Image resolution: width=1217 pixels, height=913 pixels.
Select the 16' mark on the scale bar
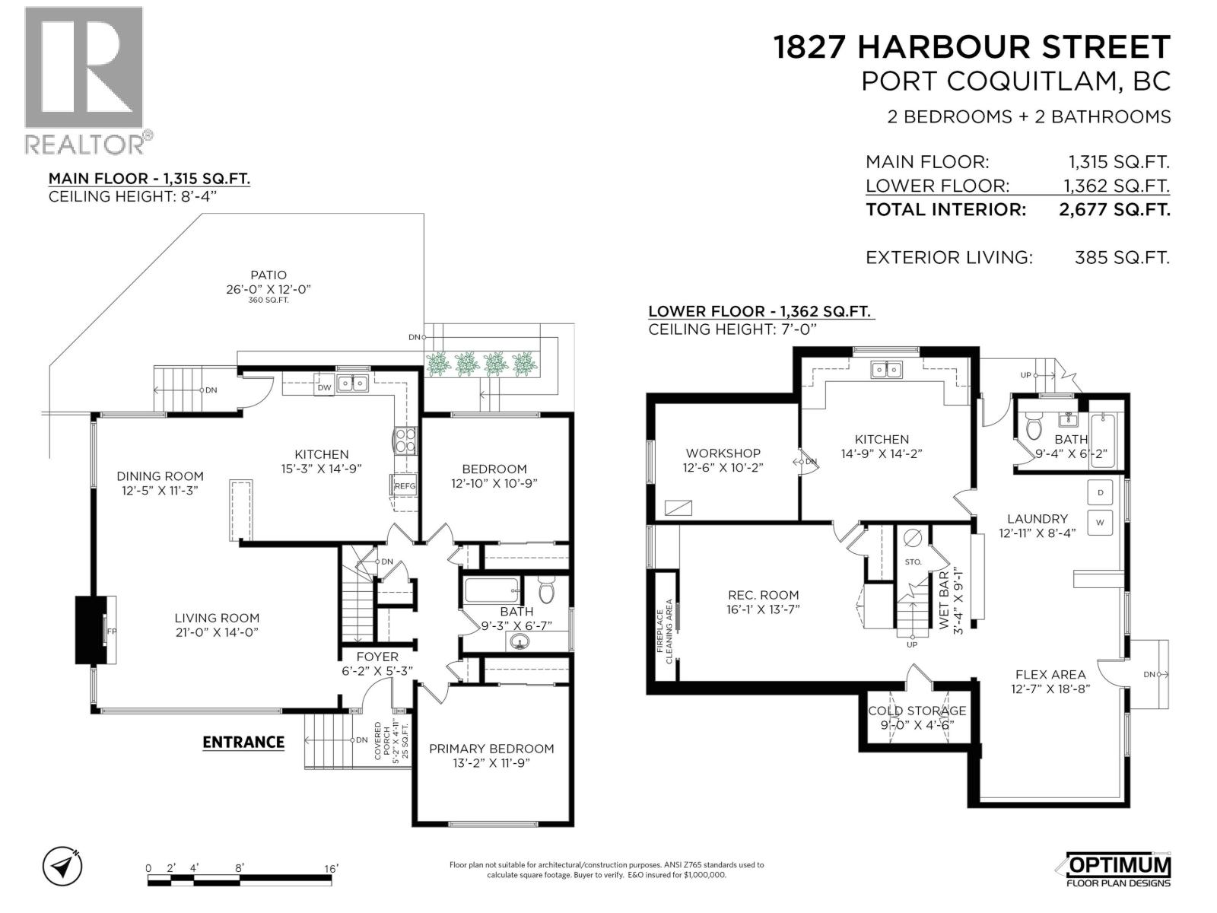click(331, 868)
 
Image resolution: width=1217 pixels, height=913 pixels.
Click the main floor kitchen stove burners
click(405, 441)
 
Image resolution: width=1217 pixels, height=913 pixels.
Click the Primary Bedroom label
click(491, 749)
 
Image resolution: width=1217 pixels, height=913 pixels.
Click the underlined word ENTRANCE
click(243, 742)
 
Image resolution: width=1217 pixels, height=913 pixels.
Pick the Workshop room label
click(723, 453)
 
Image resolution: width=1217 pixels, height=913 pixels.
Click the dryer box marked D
click(1101, 492)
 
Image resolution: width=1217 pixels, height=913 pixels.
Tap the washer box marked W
click(1101, 523)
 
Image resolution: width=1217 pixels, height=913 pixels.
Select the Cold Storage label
click(917, 711)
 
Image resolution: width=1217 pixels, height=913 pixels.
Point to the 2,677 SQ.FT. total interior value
click(1114, 209)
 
